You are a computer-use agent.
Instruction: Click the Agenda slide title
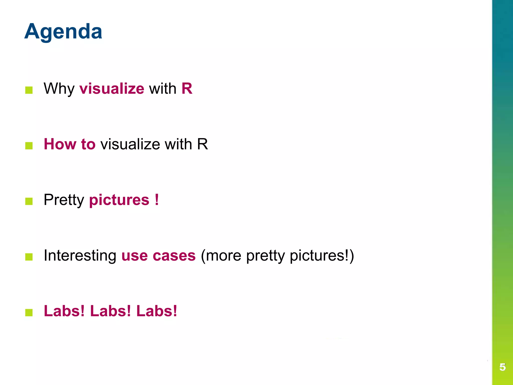[63, 32]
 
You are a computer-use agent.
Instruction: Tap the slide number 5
[502, 367]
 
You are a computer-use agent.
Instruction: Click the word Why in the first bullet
[59, 89]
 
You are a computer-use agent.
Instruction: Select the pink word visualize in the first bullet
[112, 89]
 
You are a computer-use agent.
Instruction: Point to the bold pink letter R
[187, 89]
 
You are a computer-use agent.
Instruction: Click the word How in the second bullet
[60, 144]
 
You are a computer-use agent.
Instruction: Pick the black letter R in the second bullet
[202, 144]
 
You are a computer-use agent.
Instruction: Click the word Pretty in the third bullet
[64, 200]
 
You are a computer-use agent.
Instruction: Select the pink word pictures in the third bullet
[119, 200]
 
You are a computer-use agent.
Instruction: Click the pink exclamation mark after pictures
[157, 200]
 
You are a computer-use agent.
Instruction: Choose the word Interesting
[80, 256]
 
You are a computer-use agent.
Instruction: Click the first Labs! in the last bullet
[64, 311]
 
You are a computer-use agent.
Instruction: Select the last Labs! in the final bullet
[157, 311]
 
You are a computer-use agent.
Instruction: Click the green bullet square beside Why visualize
[29, 90]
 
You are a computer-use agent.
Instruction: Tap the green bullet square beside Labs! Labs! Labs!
[29, 313]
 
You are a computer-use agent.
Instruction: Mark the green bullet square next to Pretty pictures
[29, 201]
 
